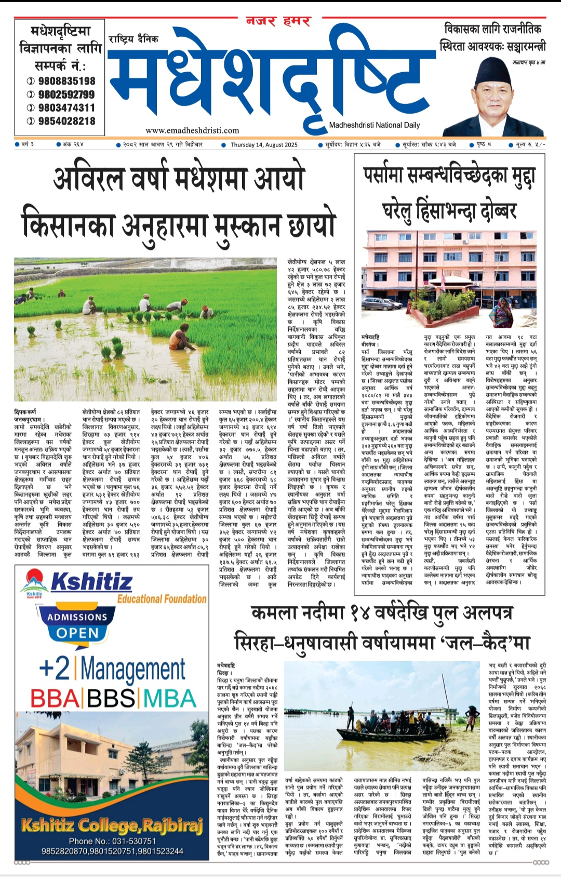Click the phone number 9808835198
66,81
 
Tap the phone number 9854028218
66,121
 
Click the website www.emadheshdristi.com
192,130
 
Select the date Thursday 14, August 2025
264,145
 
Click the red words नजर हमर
278,22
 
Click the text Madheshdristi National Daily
374,125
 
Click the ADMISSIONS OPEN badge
77,625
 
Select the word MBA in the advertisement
169,698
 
